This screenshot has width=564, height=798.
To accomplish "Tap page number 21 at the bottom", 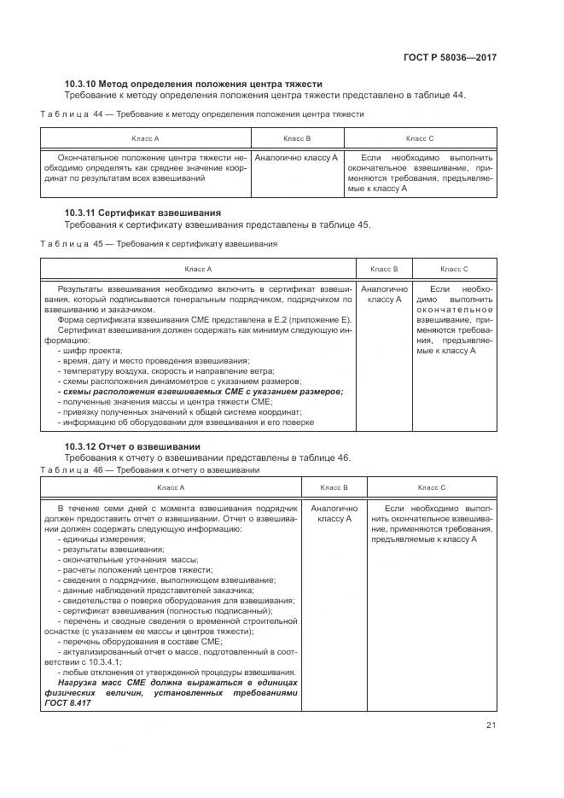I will [x=491, y=725].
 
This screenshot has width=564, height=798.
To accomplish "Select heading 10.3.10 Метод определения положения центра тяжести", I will [x=194, y=84].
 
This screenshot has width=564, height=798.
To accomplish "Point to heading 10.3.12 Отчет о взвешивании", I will [x=132, y=446].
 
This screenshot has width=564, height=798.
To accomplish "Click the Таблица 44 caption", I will [x=202, y=114].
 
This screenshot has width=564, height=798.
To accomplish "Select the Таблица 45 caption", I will [x=159, y=244].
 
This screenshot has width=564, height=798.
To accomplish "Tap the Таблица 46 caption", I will [x=150, y=470].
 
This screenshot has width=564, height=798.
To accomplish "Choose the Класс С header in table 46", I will [x=431, y=487].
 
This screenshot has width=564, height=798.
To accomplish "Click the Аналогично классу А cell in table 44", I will [x=297, y=158].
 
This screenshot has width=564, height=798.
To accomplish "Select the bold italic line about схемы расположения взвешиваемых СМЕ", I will [x=200, y=392].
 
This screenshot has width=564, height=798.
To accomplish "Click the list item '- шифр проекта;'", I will [x=90, y=351].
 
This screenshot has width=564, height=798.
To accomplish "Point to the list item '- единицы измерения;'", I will [x=97, y=539].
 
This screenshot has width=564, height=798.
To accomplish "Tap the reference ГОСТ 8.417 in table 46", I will [x=75, y=703].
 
